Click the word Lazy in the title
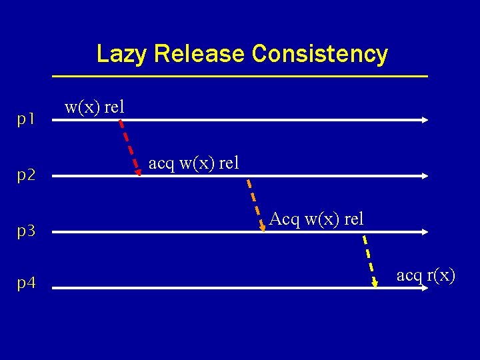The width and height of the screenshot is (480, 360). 122,54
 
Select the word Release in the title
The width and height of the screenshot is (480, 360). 199,54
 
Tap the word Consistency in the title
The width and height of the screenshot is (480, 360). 320,54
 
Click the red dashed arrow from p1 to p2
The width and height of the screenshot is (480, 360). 129,147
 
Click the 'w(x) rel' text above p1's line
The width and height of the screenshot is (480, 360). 94,107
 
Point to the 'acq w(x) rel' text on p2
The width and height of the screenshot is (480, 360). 193,163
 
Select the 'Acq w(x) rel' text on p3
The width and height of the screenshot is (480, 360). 317,219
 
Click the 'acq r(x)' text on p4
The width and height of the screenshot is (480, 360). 425,275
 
